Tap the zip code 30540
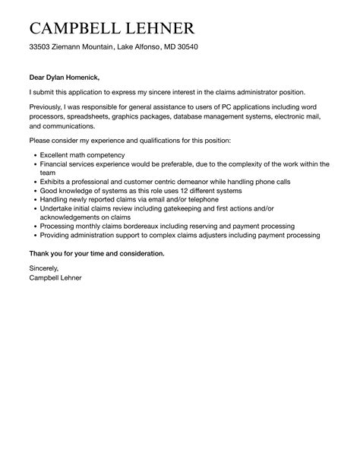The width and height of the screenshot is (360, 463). coord(187,47)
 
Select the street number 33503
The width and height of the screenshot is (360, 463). coord(40,47)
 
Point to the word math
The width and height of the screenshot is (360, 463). coord(87,154)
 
